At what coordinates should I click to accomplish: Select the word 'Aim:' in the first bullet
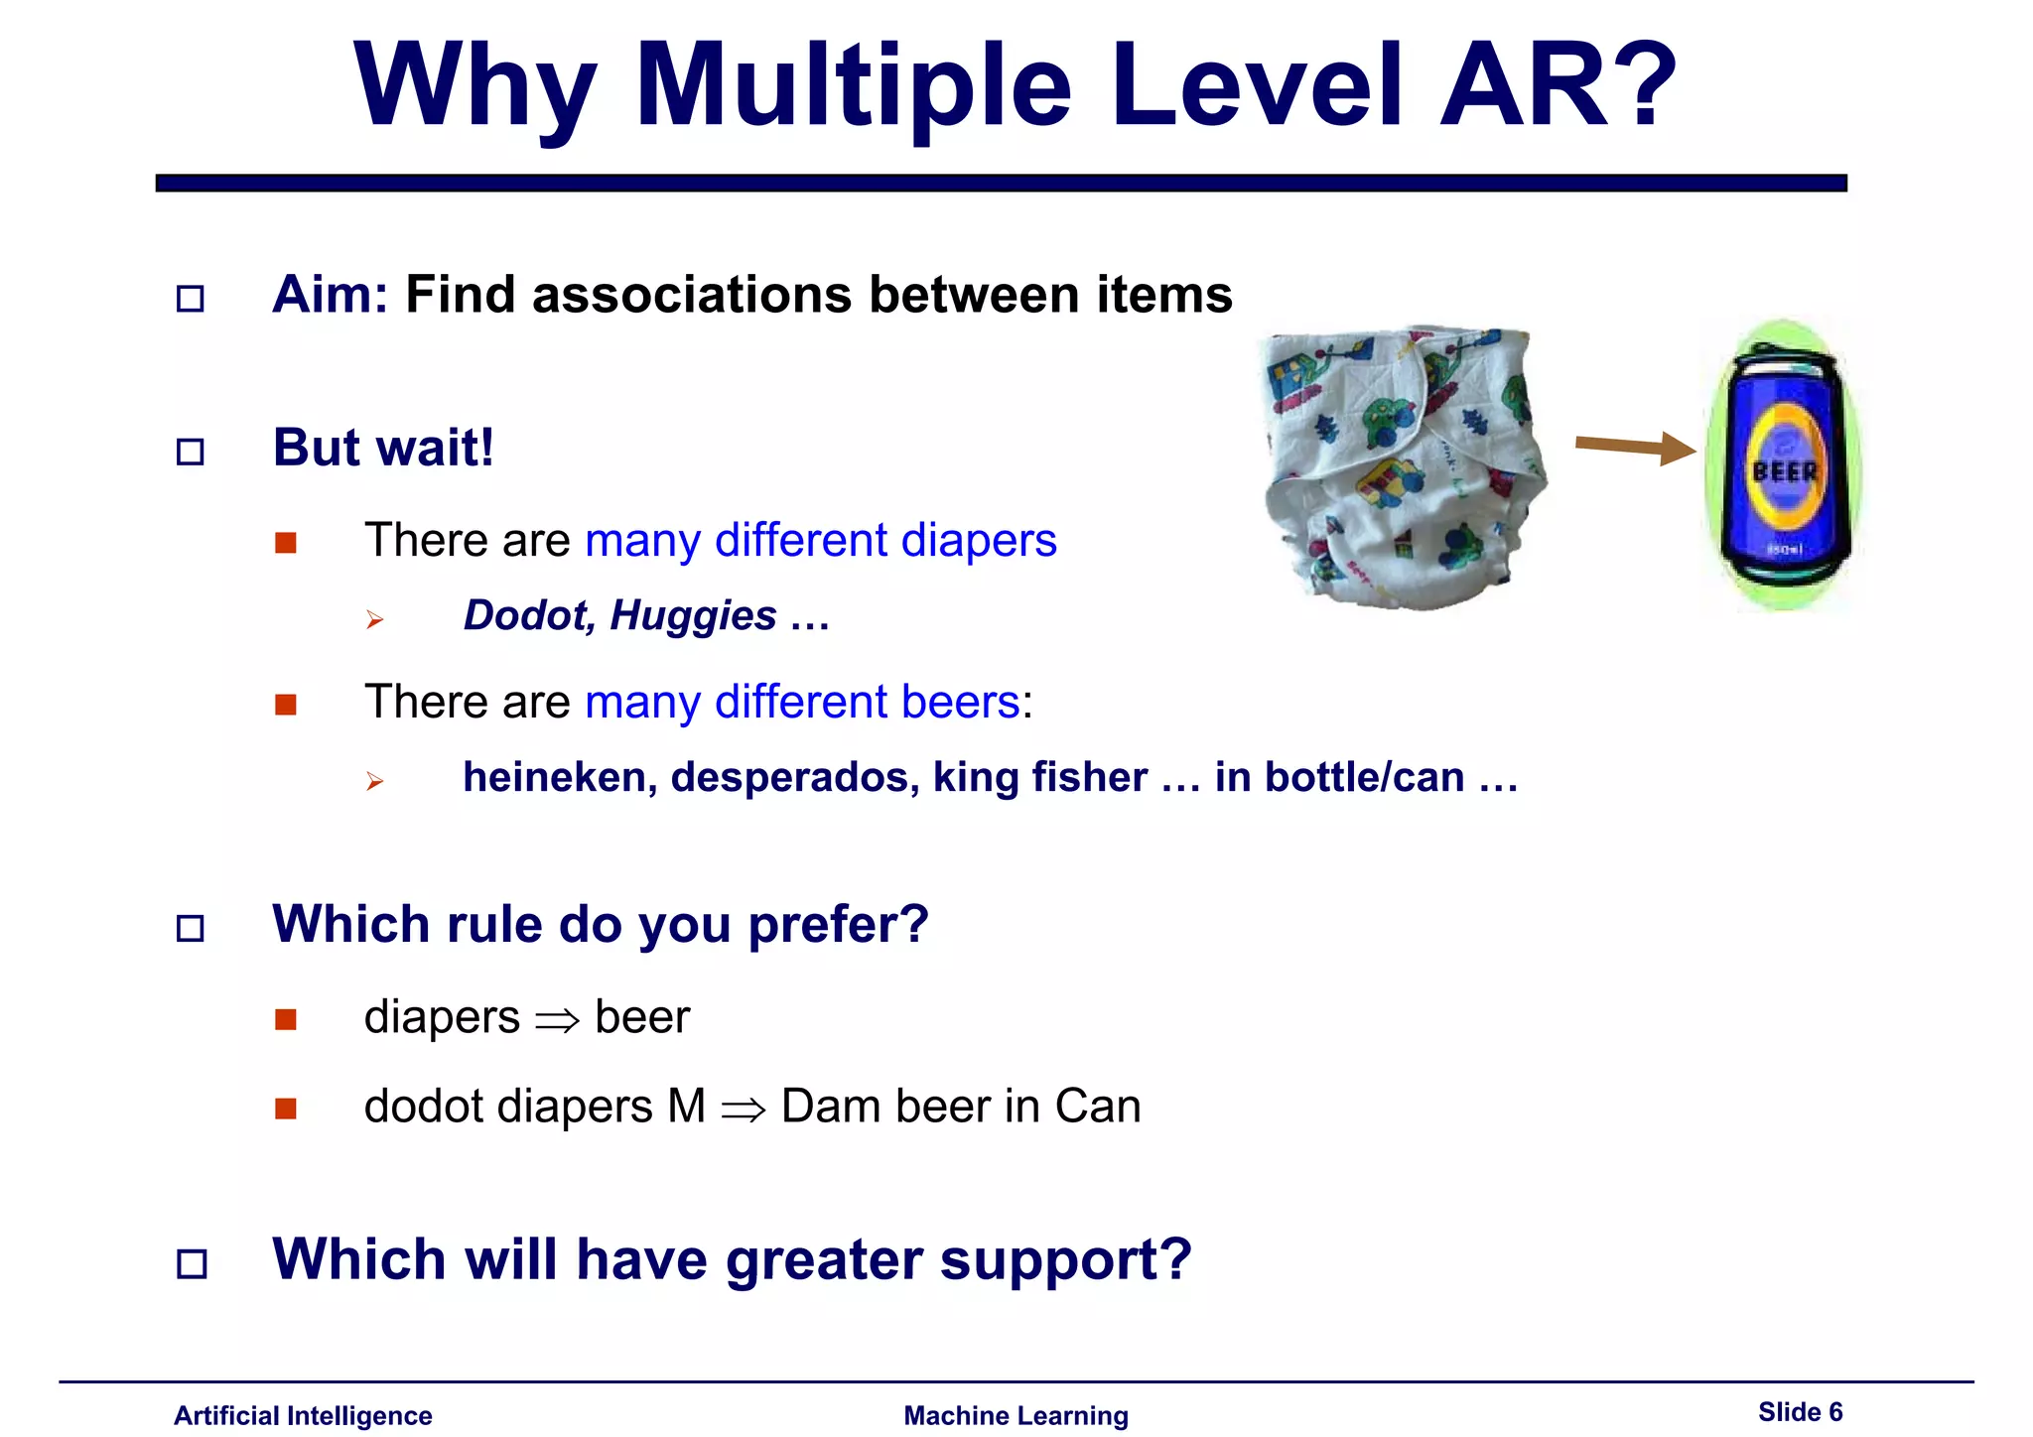tap(331, 295)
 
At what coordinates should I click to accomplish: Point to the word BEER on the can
tap(1785, 471)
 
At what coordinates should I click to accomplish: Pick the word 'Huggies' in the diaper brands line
tap(693, 615)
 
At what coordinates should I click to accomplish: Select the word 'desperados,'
tap(795, 777)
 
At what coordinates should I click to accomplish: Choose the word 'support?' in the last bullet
tap(1065, 1260)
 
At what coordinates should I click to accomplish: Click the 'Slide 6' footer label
tap(1800, 1412)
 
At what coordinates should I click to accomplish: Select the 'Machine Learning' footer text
tap(1016, 1416)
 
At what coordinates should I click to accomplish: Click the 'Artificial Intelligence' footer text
tap(303, 1416)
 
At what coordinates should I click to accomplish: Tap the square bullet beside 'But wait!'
tap(191, 453)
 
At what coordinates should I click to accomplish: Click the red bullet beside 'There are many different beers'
tap(286, 705)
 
